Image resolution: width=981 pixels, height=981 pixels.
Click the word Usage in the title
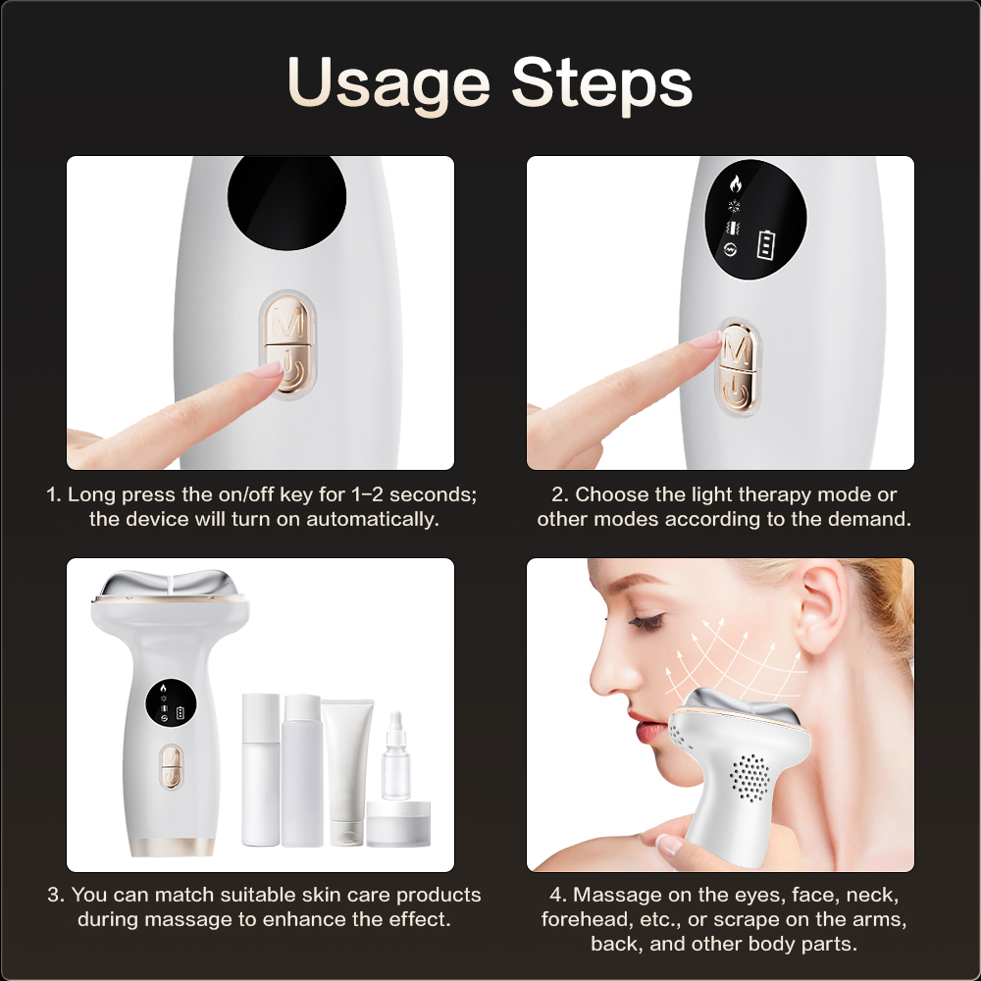point(388,84)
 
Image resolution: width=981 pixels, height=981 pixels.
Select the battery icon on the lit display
point(766,244)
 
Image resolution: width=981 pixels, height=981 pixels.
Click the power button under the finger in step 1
point(290,371)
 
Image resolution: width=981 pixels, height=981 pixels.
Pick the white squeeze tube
point(347,770)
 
